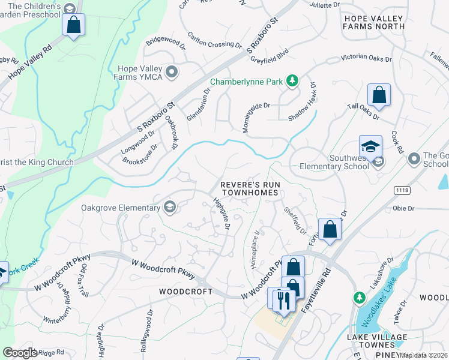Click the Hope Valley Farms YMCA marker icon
172,73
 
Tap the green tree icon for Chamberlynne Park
292,81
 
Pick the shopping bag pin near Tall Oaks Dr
379,95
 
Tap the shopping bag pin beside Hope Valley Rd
73,25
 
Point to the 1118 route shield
402,190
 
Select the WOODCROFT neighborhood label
185,291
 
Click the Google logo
20,352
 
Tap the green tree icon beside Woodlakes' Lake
359,297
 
